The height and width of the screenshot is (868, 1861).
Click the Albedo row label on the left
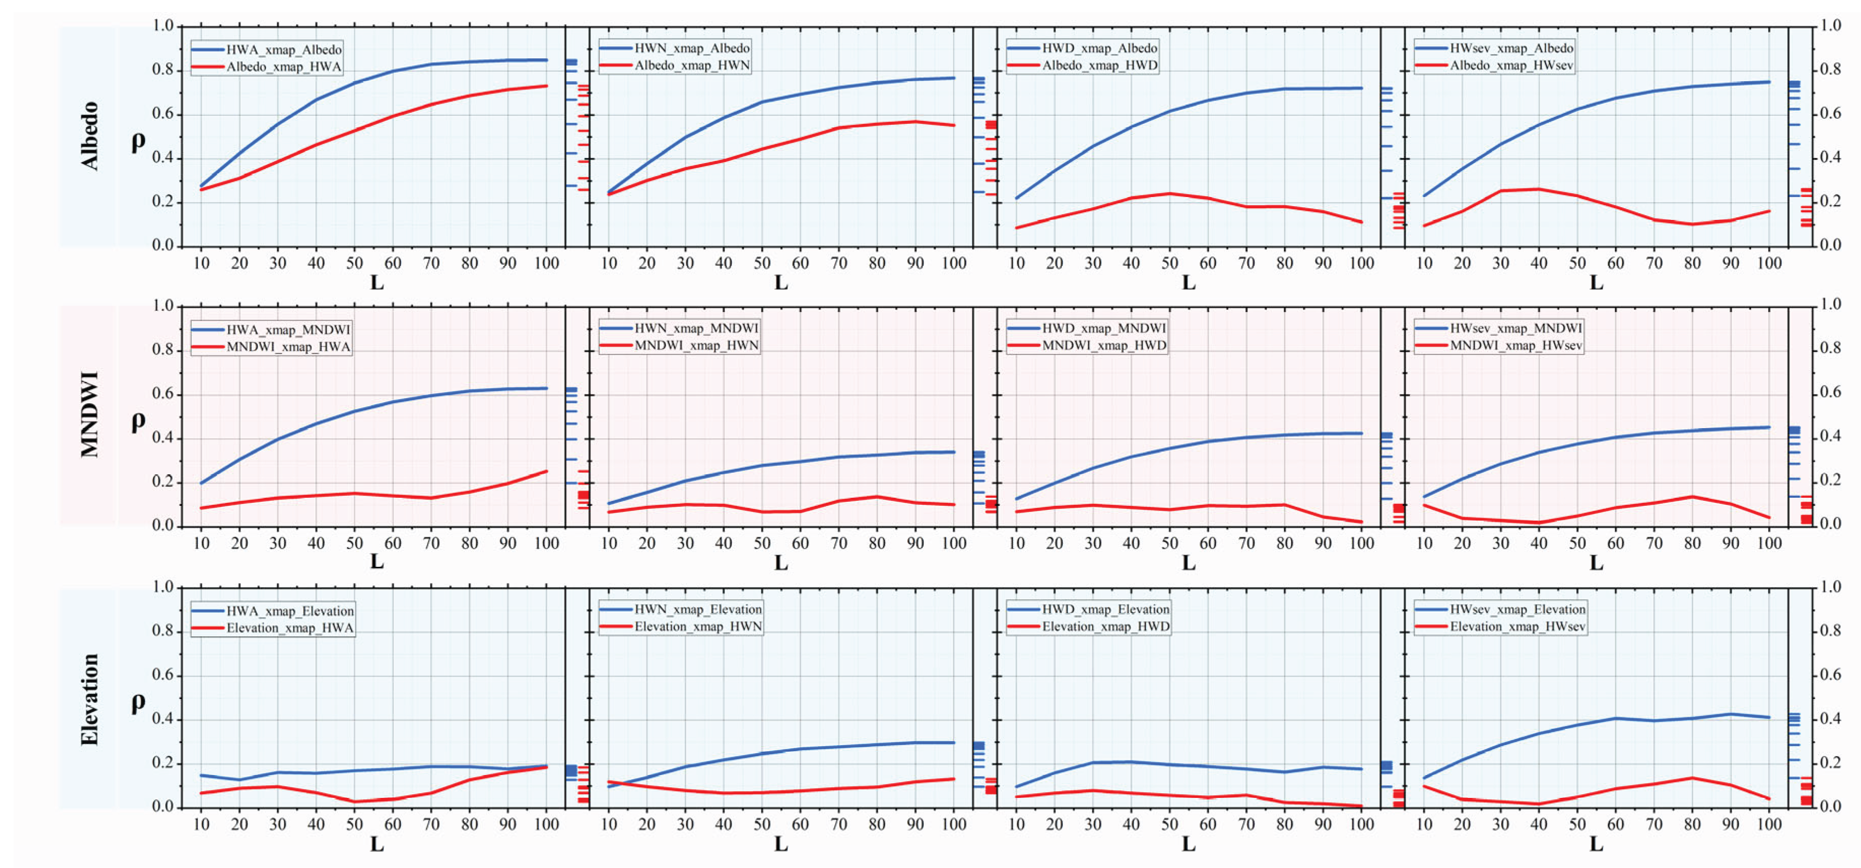coord(89,136)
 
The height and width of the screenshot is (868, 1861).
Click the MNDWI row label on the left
coord(89,415)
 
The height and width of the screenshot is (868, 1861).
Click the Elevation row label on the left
coord(89,699)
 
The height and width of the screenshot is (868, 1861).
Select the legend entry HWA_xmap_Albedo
coord(283,50)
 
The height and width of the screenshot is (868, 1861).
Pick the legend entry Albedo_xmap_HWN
coord(691,66)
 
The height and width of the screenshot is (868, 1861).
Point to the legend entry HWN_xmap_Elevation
coord(697,610)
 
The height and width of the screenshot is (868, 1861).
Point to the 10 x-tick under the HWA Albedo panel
coord(201,264)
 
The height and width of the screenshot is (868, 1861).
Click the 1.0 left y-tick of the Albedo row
coord(163,26)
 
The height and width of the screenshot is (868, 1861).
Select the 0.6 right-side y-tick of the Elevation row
coord(1831,675)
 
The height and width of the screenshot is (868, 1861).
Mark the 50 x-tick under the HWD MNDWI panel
coord(1169,543)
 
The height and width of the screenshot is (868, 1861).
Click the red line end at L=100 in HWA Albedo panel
coord(546,86)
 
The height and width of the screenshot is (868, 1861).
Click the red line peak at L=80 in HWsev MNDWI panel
coord(1692,497)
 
